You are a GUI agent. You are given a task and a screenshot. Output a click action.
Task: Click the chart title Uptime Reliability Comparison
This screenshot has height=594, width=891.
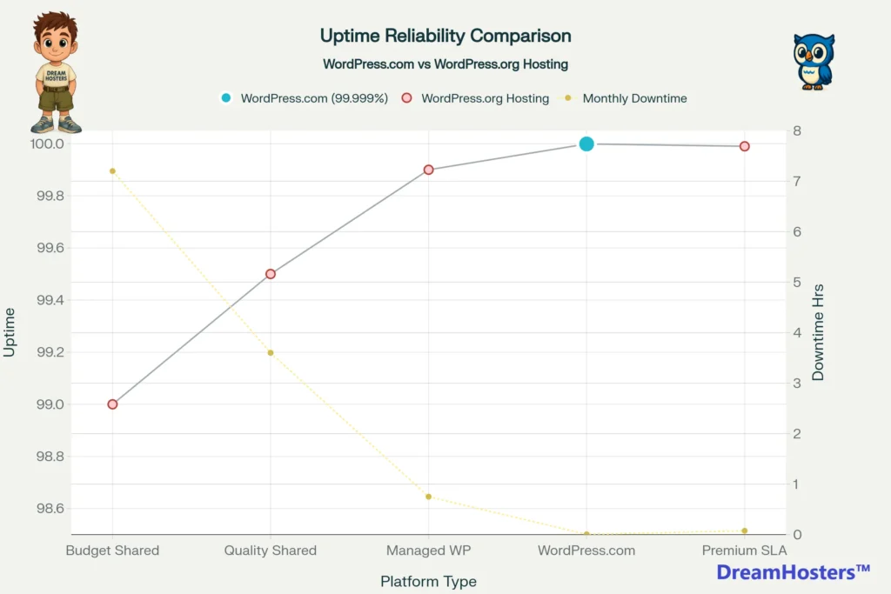(x=445, y=36)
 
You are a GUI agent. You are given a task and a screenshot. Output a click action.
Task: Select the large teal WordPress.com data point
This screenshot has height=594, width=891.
(x=586, y=143)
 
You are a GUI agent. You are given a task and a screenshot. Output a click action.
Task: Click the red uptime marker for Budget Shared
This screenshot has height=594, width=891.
(x=112, y=404)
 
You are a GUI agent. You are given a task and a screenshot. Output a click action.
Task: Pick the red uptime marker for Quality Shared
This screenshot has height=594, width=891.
(x=271, y=274)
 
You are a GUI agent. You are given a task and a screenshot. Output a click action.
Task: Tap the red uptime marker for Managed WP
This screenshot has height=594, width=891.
(x=428, y=170)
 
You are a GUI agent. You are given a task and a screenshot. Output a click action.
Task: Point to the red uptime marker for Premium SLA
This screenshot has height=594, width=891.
(x=745, y=146)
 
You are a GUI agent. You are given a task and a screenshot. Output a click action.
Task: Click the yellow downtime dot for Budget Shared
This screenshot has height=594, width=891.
(x=112, y=171)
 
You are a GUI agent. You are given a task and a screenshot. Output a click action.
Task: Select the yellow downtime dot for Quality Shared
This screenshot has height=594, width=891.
(x=271, y=352)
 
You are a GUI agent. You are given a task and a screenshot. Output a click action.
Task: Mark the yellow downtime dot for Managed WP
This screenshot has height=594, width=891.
(x=428, y=497)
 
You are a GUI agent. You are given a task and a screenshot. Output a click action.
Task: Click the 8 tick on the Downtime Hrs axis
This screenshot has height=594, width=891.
(x=797, y=131)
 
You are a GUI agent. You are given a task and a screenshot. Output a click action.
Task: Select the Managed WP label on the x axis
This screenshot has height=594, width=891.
(x=428, y=551)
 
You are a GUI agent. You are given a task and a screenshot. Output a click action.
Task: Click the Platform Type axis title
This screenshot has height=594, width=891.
(x=428, y=581)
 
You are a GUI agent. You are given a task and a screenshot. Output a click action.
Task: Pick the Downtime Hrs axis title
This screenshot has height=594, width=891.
(x=818, y=332)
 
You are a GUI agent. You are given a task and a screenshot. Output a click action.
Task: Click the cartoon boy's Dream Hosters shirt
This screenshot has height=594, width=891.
(x=56, y=77)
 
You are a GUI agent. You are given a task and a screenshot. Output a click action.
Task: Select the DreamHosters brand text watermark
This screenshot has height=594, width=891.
(x=793, y=572)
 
